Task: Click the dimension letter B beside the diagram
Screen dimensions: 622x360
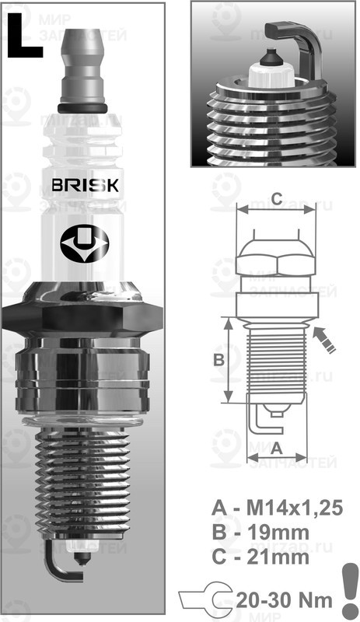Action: click(x=219, y=360)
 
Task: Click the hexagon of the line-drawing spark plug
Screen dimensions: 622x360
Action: click(x=276, y=257)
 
